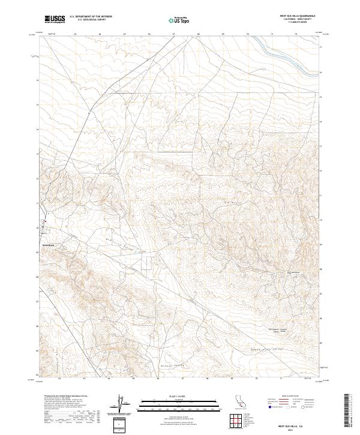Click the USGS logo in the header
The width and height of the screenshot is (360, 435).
[x=55, y=19]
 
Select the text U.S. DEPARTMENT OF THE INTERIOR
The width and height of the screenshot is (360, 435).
[x=91, y=16]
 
